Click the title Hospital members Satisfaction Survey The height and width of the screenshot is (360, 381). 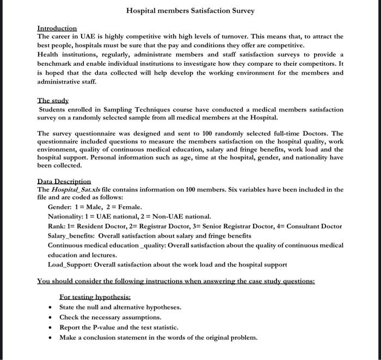(190, 10)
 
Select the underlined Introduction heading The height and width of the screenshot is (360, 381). (57, 28)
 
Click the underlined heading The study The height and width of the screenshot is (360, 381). (53, 101)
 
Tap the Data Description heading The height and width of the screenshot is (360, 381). (64, 181)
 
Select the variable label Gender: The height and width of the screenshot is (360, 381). (59, 207)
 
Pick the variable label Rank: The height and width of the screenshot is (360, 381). (57, 226)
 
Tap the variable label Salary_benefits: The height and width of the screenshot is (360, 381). (71, 236)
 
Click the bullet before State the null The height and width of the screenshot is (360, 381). (50, 308)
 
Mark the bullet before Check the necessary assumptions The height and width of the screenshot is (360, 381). (50, 318)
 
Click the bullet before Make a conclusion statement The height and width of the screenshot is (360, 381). (50, 338)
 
